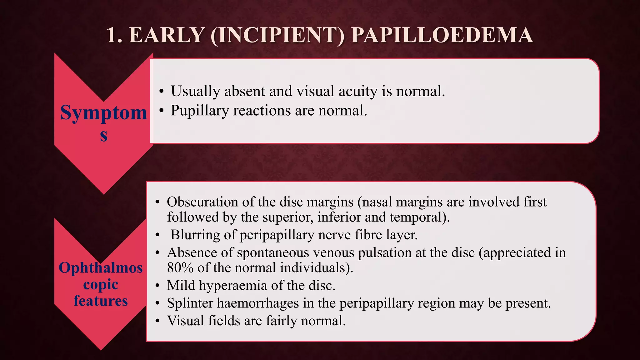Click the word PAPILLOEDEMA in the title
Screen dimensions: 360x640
click(x=442, y=35)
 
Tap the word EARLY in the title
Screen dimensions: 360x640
click(x=167, y=35)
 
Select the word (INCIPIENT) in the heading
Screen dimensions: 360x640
click(x=277, y=35)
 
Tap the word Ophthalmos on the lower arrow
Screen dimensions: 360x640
click(x=101, y=268)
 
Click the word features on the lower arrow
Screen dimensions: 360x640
click(x=101, y=301)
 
